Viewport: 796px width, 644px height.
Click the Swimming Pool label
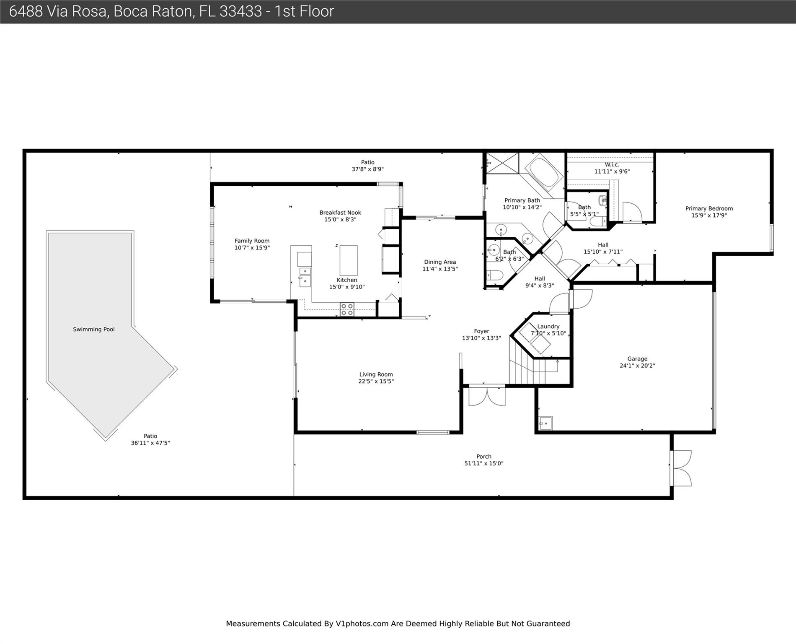[94, 329]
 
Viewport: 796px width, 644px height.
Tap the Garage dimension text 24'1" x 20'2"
[637, 366]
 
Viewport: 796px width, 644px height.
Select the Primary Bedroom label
[709, 208]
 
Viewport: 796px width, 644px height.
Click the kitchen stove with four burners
[347, 309]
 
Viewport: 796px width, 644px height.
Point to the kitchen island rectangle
[348, 260]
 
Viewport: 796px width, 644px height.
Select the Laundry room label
[548, 327]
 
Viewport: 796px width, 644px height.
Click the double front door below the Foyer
[487, 395]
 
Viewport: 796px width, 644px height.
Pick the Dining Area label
[440, 262]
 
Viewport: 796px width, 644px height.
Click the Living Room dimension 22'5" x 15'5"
[376, 381]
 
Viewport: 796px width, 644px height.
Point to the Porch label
[484, 457]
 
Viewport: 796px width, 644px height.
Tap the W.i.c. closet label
[612, 165]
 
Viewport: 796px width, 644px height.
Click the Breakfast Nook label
[340, 213]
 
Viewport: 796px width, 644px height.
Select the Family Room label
[252, 241]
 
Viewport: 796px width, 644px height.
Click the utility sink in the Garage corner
[545, 423]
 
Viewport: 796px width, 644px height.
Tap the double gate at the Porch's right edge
[681, 468]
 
